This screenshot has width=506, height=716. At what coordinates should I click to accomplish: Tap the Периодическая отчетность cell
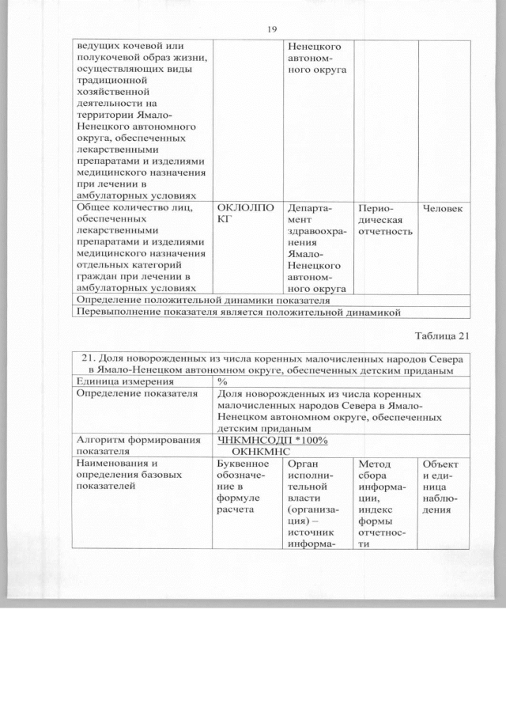point(386,219)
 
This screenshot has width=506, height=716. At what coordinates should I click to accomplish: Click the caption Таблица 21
point(440,335)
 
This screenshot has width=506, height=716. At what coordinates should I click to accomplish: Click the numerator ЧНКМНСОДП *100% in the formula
point(272,440)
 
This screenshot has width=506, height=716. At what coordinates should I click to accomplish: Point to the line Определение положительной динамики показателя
point(202,301)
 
